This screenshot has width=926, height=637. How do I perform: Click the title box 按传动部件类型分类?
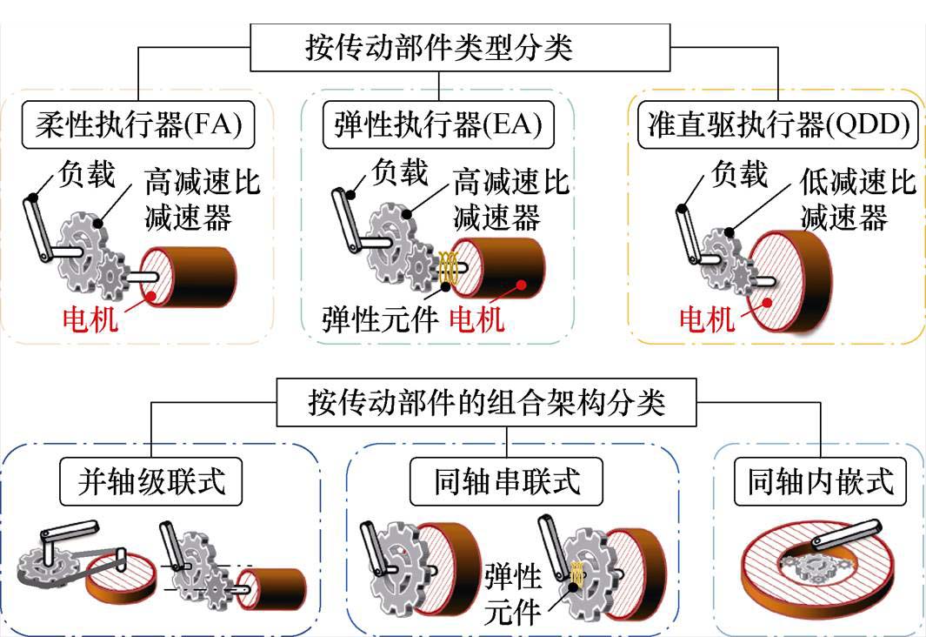pos(439,46)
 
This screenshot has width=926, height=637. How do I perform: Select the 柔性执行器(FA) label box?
pos(137,127)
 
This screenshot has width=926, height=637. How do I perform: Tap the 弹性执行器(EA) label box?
pos(437,127)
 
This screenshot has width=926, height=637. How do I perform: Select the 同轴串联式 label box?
pos(506,482)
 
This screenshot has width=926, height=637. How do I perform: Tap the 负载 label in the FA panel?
pos(86,175)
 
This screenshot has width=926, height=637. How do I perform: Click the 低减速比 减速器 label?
pos(856,199)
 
